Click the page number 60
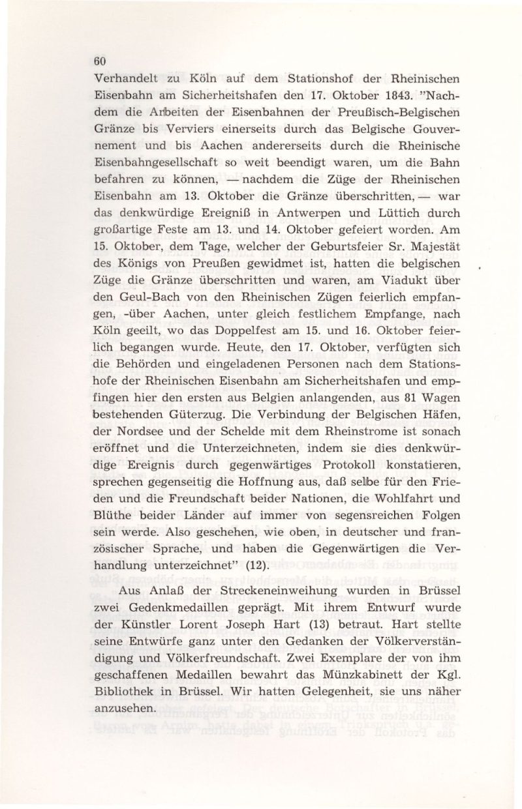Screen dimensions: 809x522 point(99,60)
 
